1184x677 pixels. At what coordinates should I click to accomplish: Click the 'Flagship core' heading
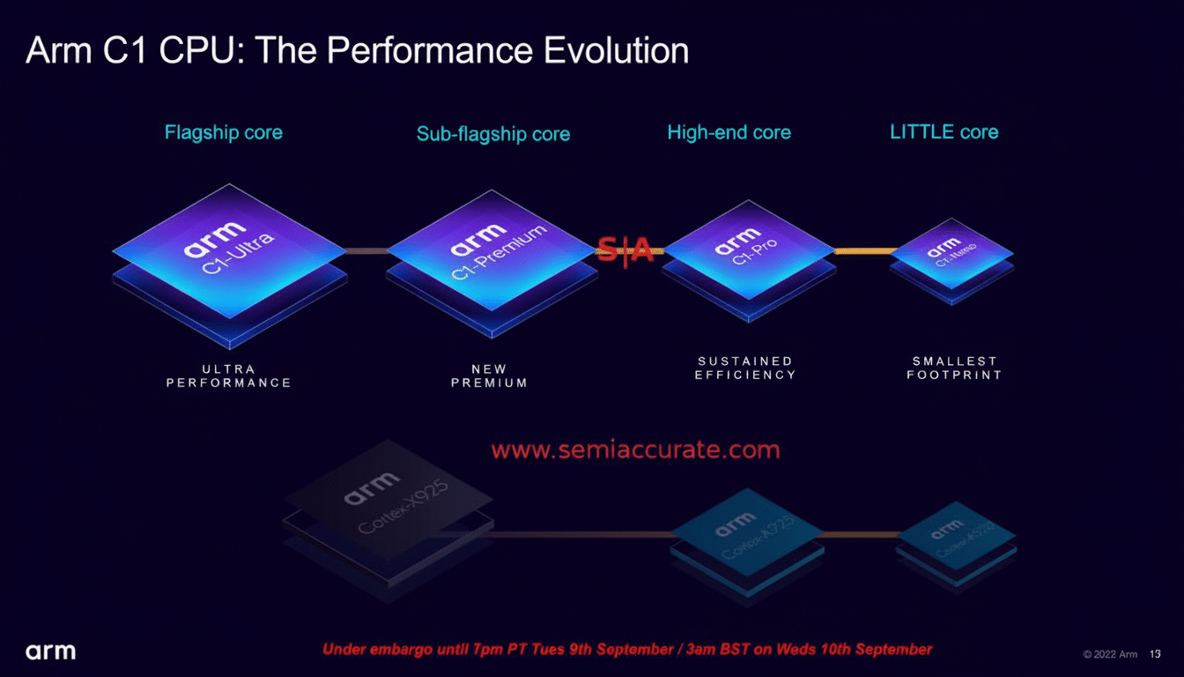pos(224,133)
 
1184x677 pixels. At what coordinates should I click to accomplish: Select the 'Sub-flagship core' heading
pos(493,135)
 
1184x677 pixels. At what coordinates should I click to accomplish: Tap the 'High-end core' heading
pos(729,133)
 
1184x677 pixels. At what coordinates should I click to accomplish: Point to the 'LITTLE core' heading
pos(944,132)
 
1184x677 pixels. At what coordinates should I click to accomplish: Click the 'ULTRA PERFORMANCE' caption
pos(229,376)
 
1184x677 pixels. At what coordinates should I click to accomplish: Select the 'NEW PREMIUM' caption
pos(490,376)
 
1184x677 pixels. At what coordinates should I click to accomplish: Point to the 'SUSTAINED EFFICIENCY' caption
pos(745,368)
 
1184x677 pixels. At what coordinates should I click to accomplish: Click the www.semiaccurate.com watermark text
pos(635,450)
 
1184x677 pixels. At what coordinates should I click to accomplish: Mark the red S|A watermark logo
pos(625,250)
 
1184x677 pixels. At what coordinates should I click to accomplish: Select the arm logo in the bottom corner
pos(50,652)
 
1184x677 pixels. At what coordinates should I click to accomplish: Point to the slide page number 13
pos(1155,654)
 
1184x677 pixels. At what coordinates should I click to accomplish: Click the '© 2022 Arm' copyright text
pos(1110,654)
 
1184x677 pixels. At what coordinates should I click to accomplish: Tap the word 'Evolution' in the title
pos(616,51)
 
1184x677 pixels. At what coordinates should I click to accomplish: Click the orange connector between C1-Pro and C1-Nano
pos(865,252)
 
